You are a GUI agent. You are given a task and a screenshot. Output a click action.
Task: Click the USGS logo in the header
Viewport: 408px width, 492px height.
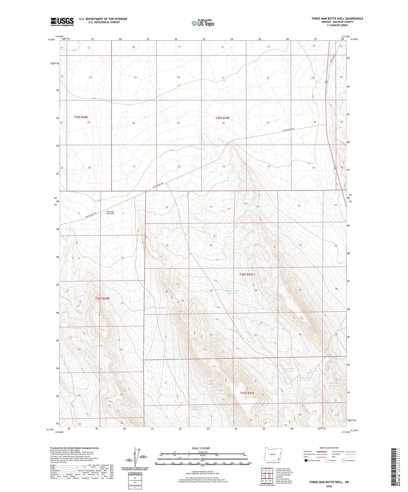click(x=62, y=22)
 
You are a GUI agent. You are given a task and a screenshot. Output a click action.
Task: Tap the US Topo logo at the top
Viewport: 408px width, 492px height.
click(x=203, y=23)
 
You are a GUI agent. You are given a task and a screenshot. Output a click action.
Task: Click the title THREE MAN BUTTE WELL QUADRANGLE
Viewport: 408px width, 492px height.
click(x=337, y=19)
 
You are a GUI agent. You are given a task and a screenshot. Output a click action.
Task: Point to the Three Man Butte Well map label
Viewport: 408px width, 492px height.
click(x=110, y=213)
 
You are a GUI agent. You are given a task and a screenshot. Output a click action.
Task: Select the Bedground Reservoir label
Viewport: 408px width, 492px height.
click(x=232, y=292)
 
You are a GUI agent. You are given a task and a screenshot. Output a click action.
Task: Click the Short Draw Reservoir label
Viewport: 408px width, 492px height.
click(x=288, y=370)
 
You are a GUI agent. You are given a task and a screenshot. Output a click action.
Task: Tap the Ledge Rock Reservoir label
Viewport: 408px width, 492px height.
click(x=197, y=408)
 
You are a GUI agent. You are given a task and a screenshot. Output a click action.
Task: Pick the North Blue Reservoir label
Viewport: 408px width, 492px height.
click(x=335, y=384)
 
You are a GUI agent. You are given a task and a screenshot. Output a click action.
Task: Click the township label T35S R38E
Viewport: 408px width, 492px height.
click(x=81, y=117)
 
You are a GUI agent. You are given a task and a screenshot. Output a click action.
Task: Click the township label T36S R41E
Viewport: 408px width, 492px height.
click(x=246, y=274)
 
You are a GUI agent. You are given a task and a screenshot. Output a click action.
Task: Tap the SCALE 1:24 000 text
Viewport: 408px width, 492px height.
click(x=200, y=448)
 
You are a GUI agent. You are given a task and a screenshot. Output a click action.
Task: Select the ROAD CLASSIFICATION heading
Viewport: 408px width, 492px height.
click(x=329, y=448)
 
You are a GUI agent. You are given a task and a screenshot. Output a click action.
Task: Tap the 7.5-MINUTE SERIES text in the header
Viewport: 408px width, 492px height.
click(x=337, y=25)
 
